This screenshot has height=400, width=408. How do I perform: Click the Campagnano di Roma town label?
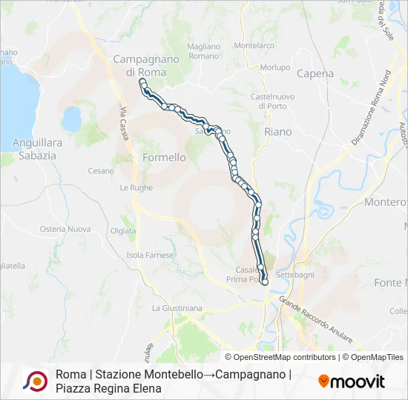tap(139, 65)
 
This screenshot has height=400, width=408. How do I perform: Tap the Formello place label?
tap(163, 158)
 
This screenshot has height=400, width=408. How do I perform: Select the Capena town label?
tap(315, 73)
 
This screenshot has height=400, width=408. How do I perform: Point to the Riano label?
tap(277, 131)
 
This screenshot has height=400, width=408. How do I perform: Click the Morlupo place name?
tap(276, 67)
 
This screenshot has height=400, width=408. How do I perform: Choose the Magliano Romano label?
tap(203, 50)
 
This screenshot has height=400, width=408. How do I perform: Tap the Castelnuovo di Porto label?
tap(273, 101)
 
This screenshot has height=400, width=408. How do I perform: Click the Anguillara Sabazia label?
tap(33, 149)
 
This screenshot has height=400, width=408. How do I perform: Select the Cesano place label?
tap(101, 170)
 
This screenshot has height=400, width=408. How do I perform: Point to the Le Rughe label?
tap(136, 188)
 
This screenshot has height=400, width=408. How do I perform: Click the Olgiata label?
tap(123, 230)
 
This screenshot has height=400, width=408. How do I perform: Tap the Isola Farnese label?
tap(150, 255)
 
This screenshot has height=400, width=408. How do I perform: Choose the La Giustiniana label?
tap(177, 307)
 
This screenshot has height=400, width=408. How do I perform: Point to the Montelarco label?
tap(254, 45)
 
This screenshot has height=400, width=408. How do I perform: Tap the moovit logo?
tap(352, 381)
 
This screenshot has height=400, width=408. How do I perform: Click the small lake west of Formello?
tap(72, 118)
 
